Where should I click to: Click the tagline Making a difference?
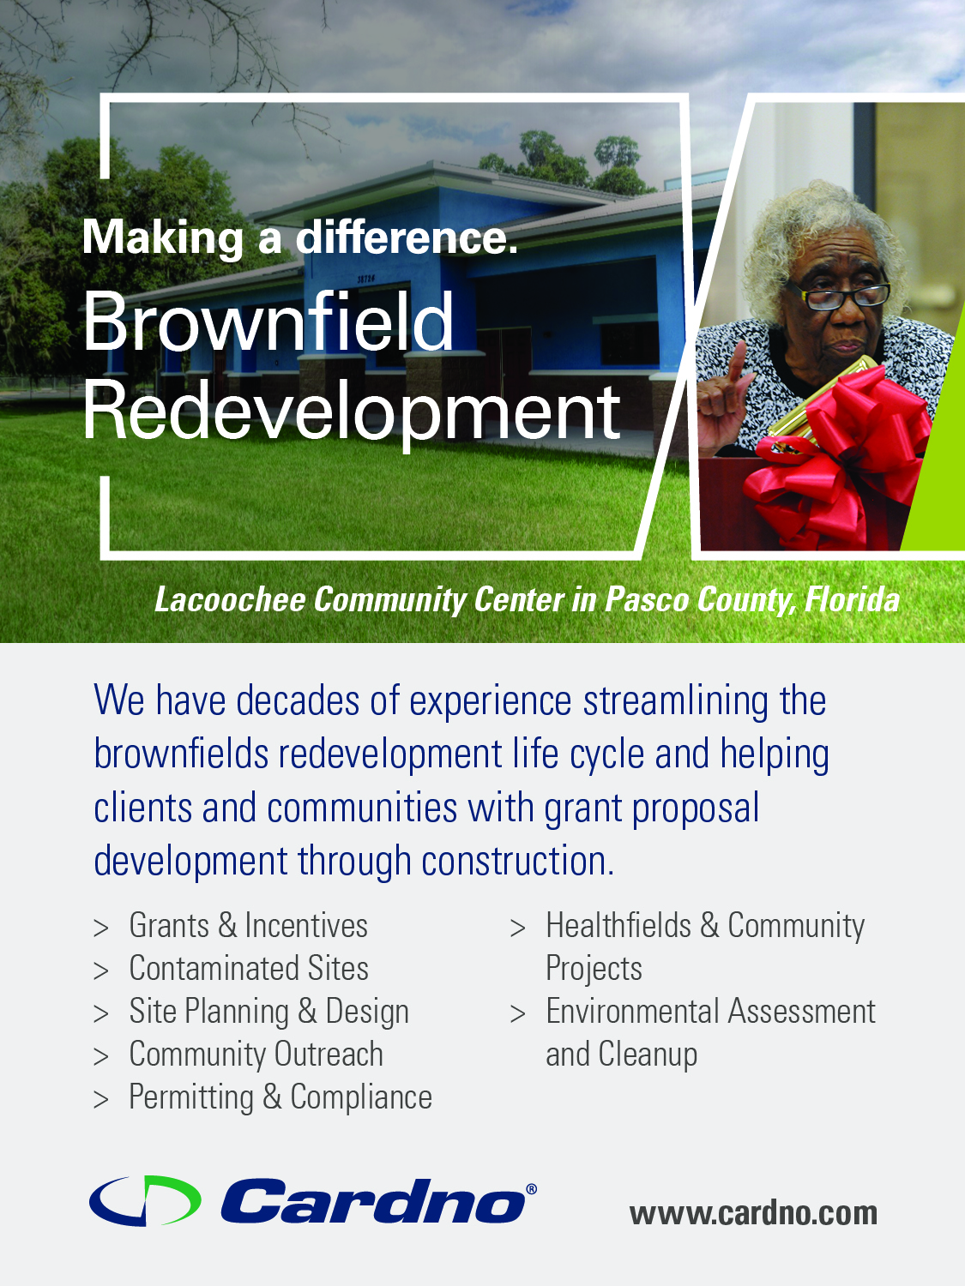coord(300,237)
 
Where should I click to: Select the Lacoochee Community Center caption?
coord(527,600)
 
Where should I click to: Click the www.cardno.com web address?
coord(753,1213)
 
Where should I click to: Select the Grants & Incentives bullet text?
coord(249,926)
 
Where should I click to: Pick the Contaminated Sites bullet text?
coord(249,969)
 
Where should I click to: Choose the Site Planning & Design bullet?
coord(269,1012)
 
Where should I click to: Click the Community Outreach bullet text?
coord(256,1055)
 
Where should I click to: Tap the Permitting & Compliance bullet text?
coord(280,1097)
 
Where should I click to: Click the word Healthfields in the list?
coord(618,926)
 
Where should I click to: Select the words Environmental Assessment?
coord(711,1012)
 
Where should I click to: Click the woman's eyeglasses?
coord(839,294)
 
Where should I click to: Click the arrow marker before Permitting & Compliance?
coord(100,1100)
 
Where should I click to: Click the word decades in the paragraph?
coord(298,700)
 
